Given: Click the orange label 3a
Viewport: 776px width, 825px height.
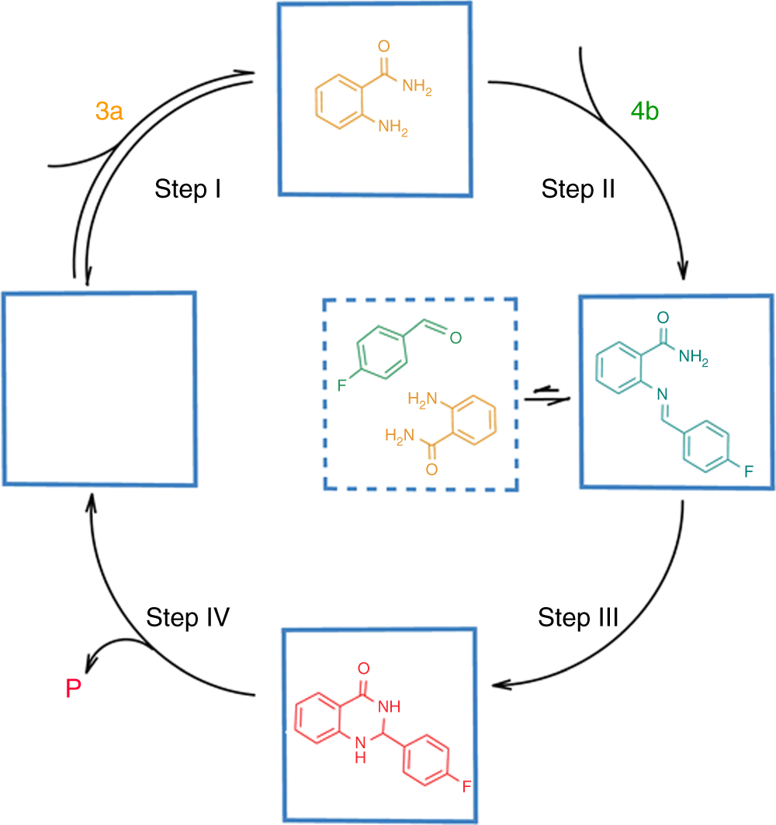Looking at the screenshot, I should tap(109, 112).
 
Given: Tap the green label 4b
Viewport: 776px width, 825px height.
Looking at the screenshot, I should tap(645, 112).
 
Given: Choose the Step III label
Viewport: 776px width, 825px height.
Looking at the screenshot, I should tap(578, 618).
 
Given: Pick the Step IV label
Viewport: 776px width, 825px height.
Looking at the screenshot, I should tap(189, 618).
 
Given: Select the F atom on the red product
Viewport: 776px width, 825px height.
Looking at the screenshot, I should tap(466, 787).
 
